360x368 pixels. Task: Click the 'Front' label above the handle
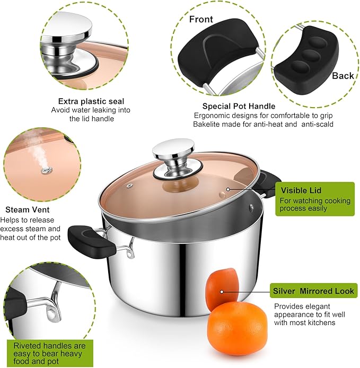(201, 20)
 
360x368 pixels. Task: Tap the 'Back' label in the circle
(343, 76)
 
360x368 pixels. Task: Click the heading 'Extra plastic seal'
(91, 101)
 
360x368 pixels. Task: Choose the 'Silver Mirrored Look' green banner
(313, 291)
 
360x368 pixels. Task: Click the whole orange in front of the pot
(237, 329)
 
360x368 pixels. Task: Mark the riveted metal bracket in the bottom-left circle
(51, 305)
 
